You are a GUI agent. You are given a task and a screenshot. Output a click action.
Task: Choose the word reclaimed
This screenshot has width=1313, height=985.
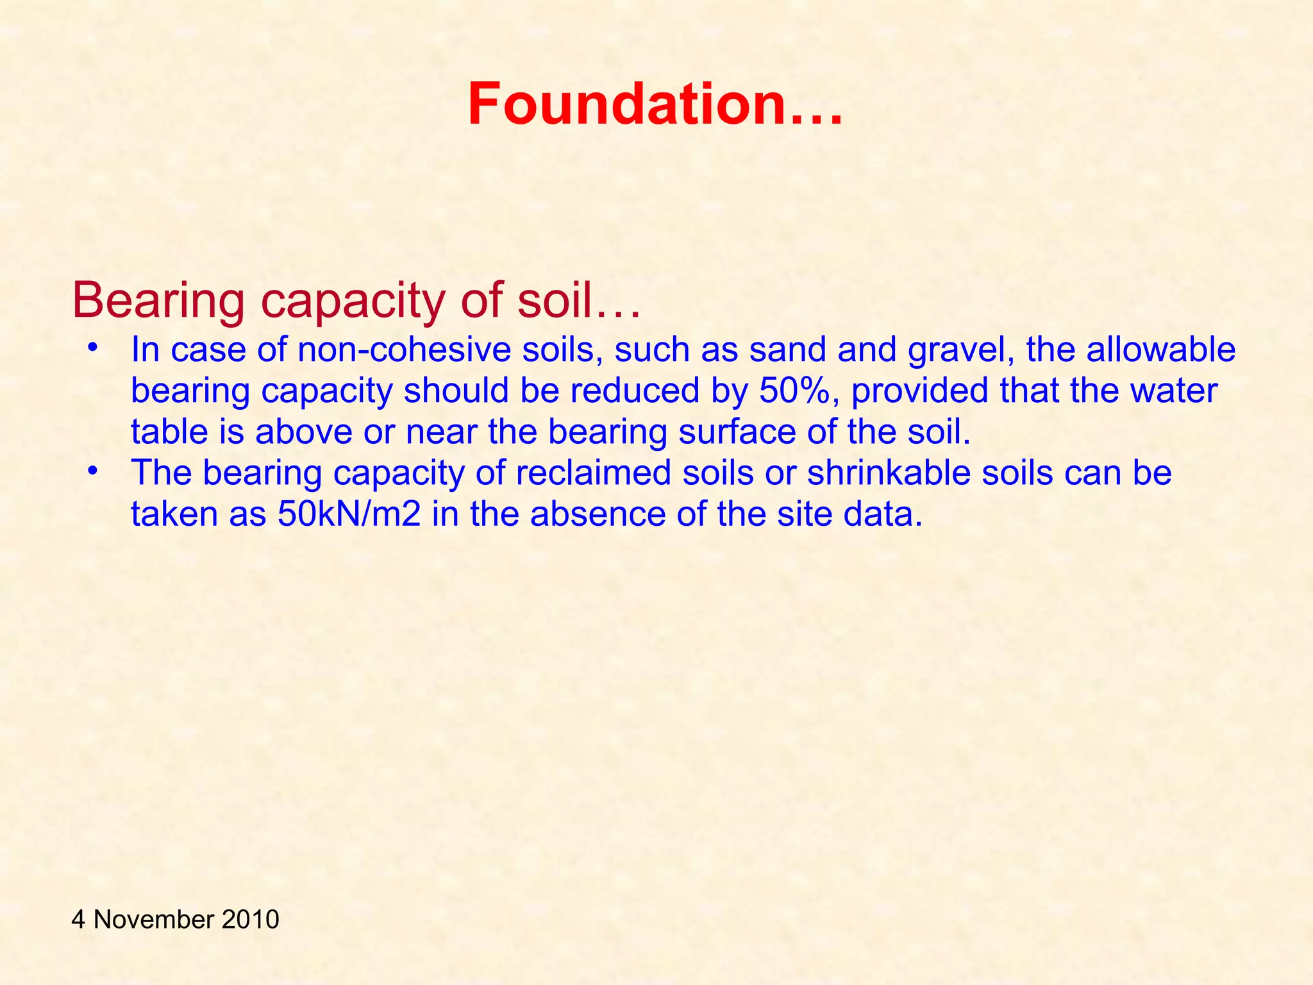tap(593, 473)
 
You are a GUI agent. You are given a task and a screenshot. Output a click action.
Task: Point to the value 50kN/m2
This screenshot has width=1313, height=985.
tap(349, 514)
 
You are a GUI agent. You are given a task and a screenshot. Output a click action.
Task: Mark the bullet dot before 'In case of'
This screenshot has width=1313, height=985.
tap(93, 348)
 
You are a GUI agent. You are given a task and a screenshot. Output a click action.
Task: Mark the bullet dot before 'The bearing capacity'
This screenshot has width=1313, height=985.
tap(93, 471)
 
